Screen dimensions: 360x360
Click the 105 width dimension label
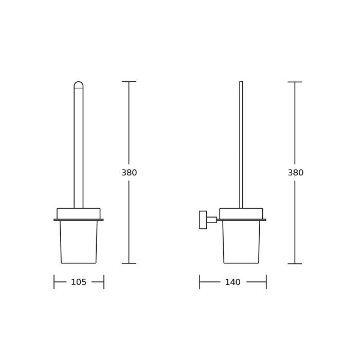click(79, 282)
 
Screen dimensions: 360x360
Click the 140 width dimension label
click(232, 282)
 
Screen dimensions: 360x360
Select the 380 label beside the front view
click(129, 172)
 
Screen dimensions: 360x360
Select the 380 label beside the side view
click(296, 172)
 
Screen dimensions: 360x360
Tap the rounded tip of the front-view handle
click(79, 84)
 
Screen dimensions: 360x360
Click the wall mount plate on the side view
click(203, 220)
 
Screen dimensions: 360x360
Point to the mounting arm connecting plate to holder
click(212, 220)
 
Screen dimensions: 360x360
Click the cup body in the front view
click(79, 242)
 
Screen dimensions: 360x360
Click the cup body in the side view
click(241, 242)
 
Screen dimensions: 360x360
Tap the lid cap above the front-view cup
click(79, 213)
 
